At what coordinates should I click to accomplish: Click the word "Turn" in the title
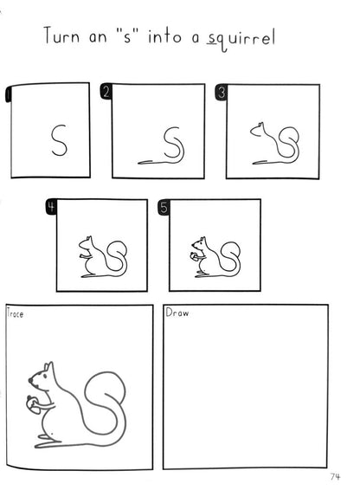[62, 35]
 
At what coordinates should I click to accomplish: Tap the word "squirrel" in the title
[241, 39]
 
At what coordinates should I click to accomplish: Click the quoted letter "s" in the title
[127, 36]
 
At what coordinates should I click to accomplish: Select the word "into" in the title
[164, 36]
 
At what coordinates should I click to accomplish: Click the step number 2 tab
[106, 92]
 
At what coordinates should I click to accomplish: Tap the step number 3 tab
[221, 93]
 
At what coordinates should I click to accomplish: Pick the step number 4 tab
[51, 207]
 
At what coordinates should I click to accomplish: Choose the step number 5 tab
[164, 207]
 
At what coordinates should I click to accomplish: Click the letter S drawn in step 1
[59, 140]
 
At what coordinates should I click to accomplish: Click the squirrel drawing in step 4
[103, 257]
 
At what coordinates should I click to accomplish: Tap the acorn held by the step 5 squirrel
[194, 255]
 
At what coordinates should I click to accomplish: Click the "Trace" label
[15, 313]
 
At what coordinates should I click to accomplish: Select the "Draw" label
[177, 313]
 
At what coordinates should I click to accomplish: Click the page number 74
[335, 476]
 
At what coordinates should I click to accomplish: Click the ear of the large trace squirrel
[48, 367]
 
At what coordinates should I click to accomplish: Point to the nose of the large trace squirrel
[30, 380]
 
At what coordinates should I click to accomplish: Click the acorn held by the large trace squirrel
[33, 404]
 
